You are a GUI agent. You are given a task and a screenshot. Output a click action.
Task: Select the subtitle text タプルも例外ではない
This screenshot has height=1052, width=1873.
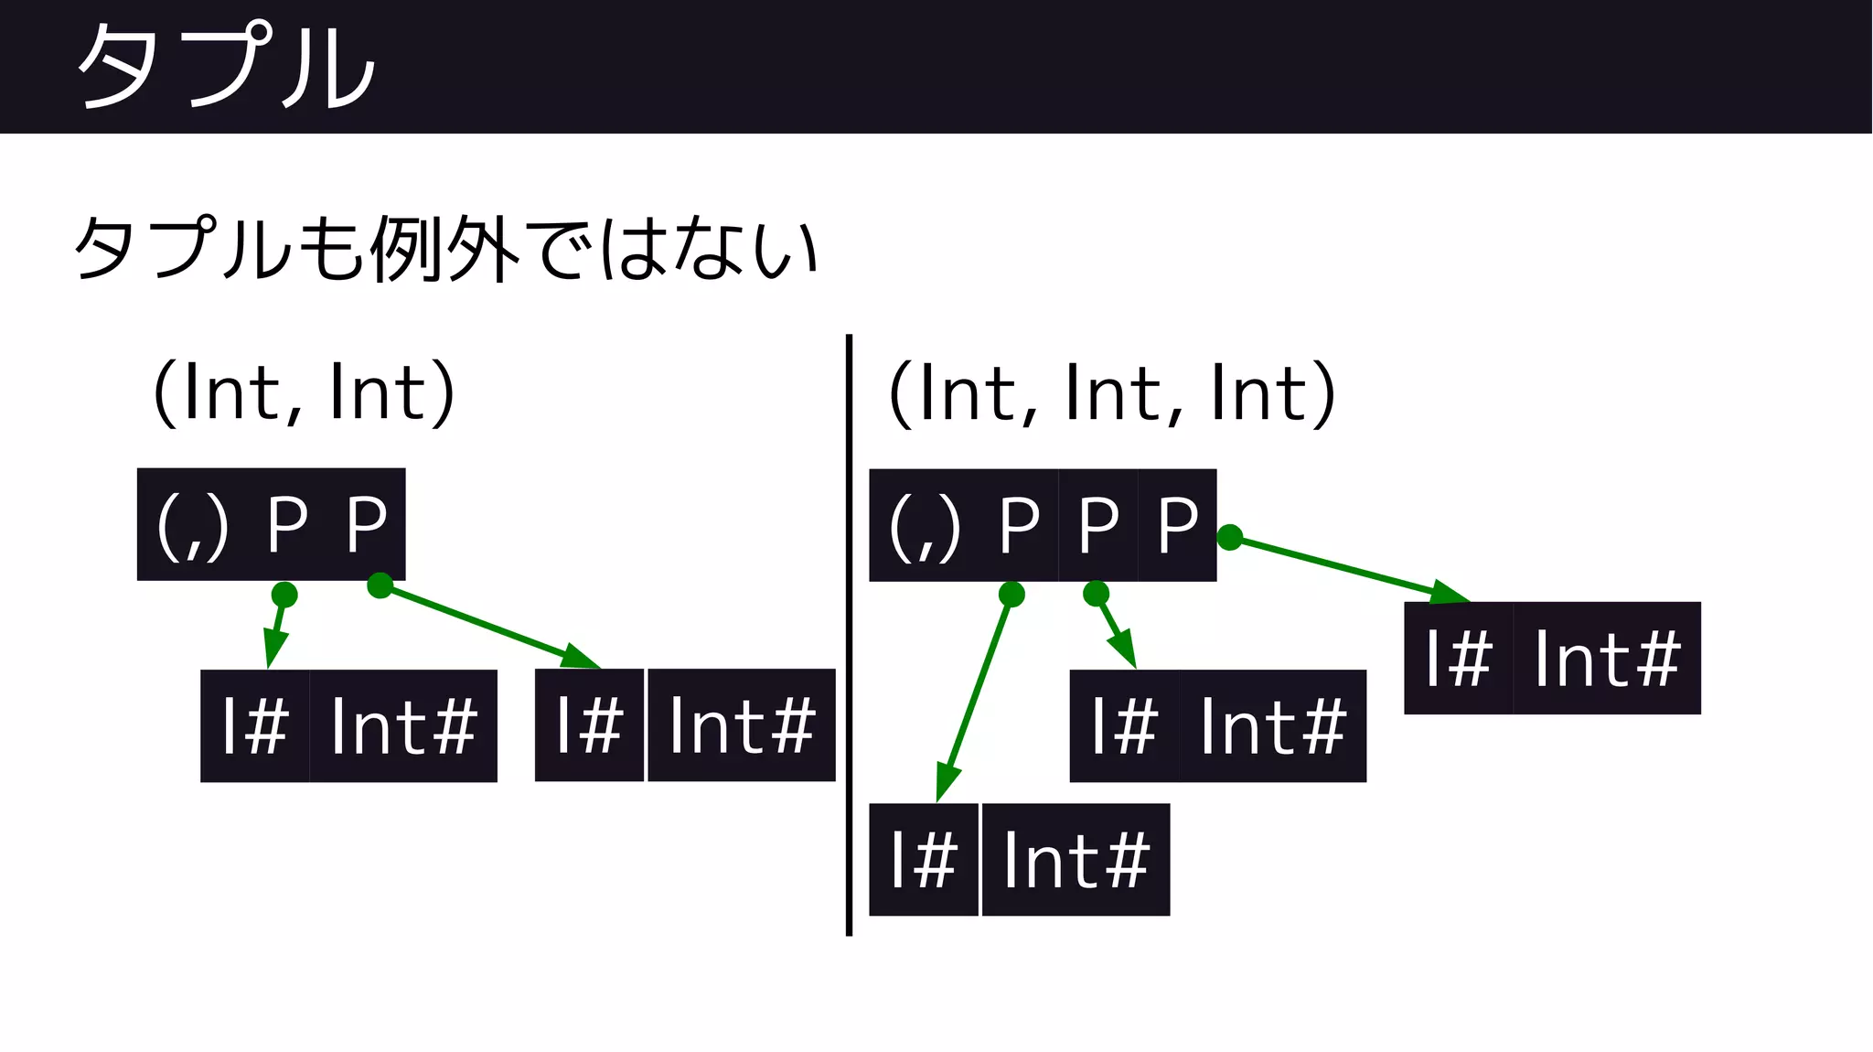445,248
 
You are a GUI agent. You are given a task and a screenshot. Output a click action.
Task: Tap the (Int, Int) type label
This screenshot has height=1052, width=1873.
304,392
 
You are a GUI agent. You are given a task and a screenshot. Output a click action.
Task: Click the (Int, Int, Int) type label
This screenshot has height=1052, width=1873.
1112,393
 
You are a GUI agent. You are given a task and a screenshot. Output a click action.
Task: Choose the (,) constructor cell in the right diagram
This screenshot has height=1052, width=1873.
925,526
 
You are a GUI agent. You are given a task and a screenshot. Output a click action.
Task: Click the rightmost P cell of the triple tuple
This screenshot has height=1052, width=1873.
1177,525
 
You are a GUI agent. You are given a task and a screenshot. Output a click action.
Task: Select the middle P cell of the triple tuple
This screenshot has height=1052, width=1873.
1097,525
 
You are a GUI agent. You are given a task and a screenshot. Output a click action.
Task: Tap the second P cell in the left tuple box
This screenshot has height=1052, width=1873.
367,524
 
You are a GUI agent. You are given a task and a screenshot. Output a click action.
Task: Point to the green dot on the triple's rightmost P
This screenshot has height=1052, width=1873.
1230,537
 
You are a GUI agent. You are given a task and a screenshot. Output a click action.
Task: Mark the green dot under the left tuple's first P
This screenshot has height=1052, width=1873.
284,595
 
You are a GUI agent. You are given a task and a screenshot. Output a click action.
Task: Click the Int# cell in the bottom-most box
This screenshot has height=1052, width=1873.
1076,860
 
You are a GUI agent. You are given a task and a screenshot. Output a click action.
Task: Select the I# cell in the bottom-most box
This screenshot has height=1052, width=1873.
924,860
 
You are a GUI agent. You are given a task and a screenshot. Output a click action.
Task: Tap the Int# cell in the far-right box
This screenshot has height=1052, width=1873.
1607,658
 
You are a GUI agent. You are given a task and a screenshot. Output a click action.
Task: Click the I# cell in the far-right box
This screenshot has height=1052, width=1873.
1459,658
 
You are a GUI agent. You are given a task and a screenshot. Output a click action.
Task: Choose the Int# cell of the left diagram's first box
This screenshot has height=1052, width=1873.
403,726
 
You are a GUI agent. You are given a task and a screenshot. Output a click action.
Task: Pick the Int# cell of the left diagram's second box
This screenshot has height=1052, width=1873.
742,725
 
